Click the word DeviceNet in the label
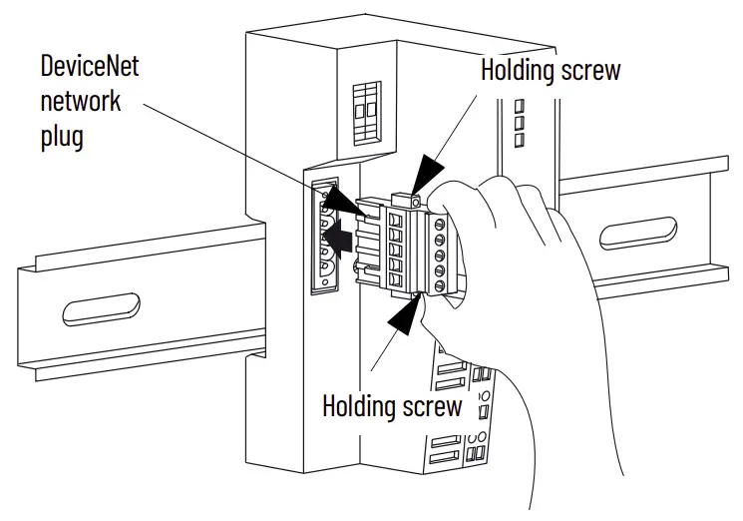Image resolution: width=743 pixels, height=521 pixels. [90, 68]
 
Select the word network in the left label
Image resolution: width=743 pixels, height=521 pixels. [81, 101]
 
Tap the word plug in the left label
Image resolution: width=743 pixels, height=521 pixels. [62, 135]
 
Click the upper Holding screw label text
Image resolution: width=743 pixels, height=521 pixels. [550, 70]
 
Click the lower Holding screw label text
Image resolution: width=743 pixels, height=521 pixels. [392, 406]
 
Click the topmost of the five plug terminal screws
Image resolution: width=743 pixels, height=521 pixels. [439, 224]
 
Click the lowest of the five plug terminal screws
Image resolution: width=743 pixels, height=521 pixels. [439, 286]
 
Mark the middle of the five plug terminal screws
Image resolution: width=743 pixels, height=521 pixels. [439, 256]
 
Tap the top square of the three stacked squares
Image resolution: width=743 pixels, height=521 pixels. [519, 105]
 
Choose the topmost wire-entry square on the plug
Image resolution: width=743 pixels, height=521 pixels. [395, 221]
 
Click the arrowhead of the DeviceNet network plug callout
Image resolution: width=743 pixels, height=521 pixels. [354, 206]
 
